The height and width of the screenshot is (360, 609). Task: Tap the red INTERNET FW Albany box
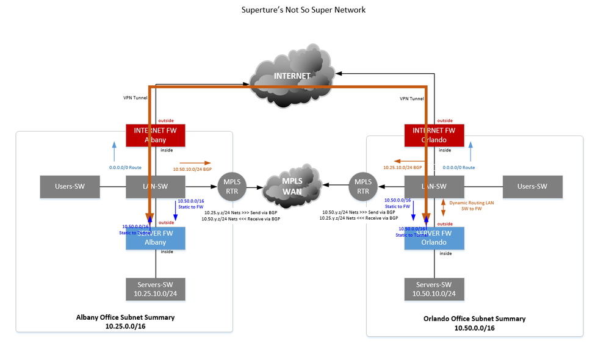155,135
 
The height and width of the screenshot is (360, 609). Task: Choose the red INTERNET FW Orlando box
434,135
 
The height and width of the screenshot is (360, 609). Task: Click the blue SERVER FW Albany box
155,238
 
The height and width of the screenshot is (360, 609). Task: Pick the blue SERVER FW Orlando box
434,238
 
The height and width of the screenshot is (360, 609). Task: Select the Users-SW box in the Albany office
70,187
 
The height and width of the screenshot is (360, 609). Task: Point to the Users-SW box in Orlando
532,187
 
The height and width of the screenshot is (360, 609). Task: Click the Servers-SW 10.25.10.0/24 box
155,289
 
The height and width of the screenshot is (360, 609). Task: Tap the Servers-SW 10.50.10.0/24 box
434,289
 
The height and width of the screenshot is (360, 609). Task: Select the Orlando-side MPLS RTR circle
363,187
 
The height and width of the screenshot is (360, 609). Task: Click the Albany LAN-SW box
155,187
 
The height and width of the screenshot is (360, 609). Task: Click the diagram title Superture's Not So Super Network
304,10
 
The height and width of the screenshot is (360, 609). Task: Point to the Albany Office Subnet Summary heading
125,317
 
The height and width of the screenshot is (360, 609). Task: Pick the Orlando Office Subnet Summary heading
474,319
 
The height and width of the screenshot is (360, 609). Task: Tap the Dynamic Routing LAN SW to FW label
472,205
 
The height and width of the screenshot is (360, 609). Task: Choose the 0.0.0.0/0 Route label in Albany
126,167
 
